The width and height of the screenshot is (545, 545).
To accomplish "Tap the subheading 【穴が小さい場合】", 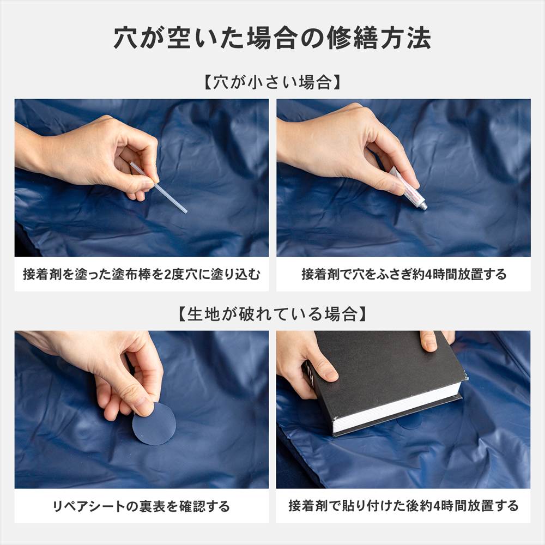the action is (x=272, y=83).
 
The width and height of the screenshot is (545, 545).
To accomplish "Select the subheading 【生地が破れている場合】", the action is (x=272, y=314).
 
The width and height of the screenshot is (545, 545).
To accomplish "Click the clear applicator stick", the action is (x=159, y=187).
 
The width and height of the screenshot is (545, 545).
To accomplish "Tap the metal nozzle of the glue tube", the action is (x=423, y=207).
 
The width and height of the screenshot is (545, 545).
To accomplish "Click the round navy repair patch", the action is (x=154, y=423).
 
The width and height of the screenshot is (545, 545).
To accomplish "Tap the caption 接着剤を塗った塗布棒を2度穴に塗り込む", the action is (x=142, y=274).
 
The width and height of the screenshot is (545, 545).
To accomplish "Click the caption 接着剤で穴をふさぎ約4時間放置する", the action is (x=403, y=274).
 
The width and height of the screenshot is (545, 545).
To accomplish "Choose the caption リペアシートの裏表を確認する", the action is (x=142, y=506).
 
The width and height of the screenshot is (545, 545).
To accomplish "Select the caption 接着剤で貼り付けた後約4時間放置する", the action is (x=403, y=506).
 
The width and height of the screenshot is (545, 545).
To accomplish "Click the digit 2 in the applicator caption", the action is (x=168, y=275).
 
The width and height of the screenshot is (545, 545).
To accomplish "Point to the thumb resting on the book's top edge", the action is (x=428, y=341).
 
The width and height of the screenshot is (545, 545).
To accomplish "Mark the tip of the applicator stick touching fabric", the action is (x=186, y=211).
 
